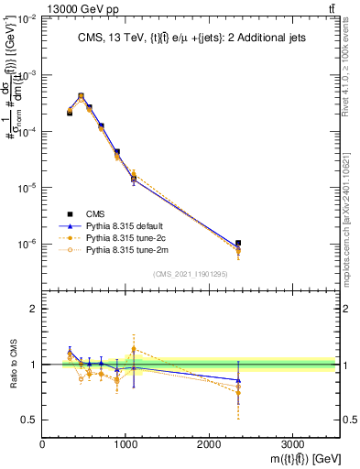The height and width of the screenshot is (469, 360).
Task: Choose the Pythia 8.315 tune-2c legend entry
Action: (x=121, y=235)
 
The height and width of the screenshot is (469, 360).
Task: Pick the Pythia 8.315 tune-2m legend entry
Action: (x=121, y=248)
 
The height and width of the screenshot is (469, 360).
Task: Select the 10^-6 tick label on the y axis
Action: (x=27, y=245)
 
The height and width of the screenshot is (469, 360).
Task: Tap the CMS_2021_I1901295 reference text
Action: (x=191, y=274)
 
